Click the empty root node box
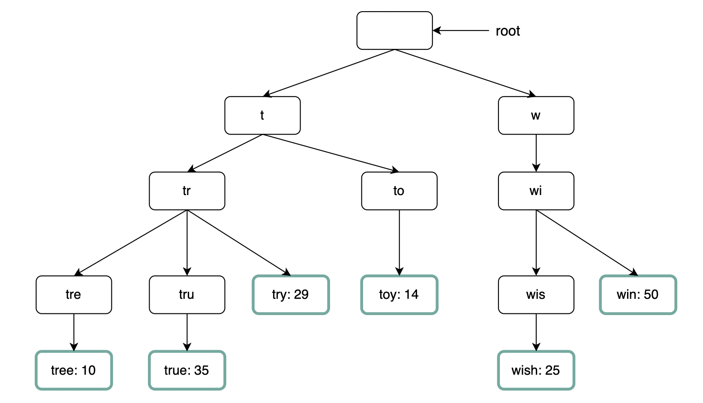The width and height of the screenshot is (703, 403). coord(394,30)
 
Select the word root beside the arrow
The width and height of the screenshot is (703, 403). coord(508,31)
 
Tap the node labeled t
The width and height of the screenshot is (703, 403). coord(262,115)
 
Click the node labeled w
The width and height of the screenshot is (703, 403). coord(536,115)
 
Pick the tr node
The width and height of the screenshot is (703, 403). coord(187,191)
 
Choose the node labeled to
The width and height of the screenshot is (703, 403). coord(399,191)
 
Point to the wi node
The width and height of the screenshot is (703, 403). coord(536,191)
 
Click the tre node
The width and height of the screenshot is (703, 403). coord(74,295)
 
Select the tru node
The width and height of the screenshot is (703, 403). coord(187,295)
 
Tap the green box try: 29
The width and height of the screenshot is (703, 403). coord(291,295)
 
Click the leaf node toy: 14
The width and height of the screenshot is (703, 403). coord(399,295)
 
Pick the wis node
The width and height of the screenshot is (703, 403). coord(536,295)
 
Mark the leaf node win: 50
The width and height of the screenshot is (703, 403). coord(638,295)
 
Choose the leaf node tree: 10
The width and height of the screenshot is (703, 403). coord(74,370)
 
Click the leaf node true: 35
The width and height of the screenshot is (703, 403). coord(187,370)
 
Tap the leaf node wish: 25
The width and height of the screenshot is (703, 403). coord(536,370)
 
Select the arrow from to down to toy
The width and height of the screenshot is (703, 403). coord(400,242)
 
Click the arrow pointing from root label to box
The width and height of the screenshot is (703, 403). coord(461,31)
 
